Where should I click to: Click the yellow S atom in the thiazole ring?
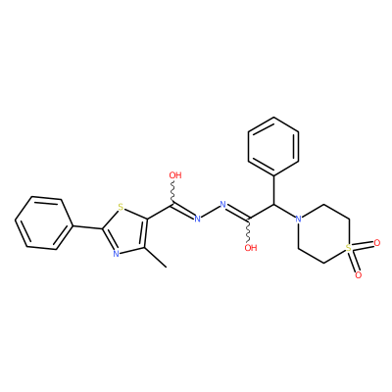[121, 207]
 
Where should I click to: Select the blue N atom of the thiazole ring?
[116, 254]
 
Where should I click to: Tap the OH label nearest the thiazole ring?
[175, 175]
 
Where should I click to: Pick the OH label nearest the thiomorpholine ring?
[251, 248]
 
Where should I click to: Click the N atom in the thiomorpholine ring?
[298, 219]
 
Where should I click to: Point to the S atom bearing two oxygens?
[349, 248]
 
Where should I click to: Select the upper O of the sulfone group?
[377, 243]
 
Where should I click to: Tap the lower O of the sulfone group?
[359, 275]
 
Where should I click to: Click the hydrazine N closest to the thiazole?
[197, 219]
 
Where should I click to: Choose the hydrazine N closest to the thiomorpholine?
[223, 205]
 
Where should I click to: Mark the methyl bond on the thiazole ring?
[155, 258]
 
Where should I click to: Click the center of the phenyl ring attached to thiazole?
[43, 223]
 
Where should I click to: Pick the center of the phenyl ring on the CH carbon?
[273, 146]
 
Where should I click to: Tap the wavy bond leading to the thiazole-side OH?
[172, 192]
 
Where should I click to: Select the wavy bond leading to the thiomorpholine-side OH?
[250, 230]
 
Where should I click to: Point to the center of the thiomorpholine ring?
[323, 233]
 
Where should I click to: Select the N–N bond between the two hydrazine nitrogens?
[210, 212]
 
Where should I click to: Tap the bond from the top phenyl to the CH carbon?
[273, 189]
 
